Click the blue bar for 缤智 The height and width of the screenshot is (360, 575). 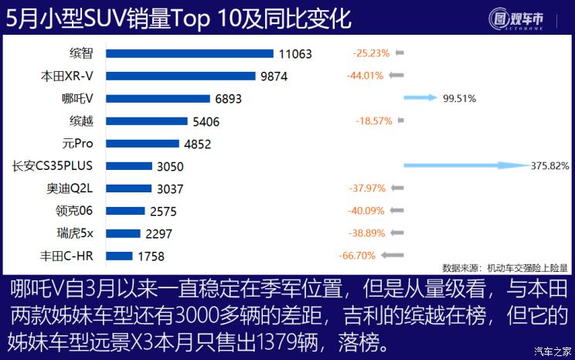(x=189, y=53)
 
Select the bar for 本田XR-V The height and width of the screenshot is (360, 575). (x=180, y=76)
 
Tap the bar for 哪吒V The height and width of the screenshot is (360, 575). (x=158, y=98)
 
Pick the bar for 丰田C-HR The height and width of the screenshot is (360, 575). (x=118, y=256)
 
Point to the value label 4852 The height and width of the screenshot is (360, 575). (x=198, y=144)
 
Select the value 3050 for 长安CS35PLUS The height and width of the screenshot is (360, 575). (x=170, y=166)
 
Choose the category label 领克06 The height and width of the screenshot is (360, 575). (x=76, y=211)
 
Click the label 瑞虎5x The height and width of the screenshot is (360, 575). (x=75, y=233)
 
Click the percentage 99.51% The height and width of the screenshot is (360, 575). (x=459, y=99)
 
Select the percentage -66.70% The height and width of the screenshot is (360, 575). (x=357, y=256)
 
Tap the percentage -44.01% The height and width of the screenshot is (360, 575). (x=365, y=76)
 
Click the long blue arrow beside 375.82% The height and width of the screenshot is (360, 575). (x=464, y=165)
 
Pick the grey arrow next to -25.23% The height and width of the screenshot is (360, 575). (x=399, y=53)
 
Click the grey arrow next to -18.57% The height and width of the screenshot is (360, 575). (x=399, y=121)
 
